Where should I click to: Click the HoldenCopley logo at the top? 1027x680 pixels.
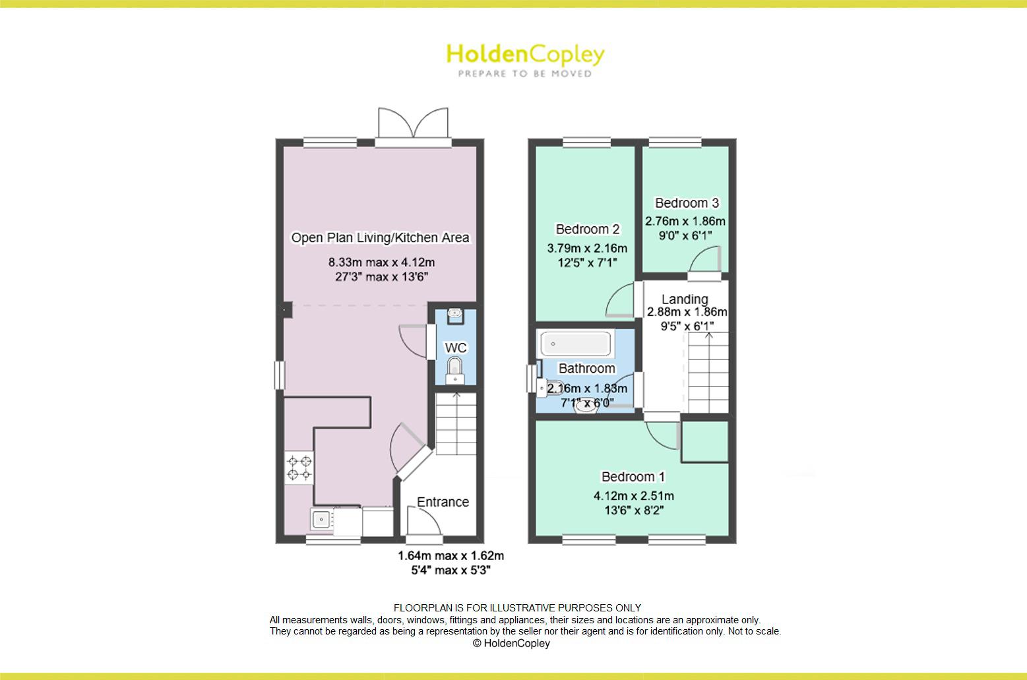click(525, 59)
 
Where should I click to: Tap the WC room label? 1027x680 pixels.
click(455, 348)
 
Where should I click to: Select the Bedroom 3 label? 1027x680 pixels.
click(687, 203)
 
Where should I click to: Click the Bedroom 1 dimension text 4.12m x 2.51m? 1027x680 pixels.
click(633, 496)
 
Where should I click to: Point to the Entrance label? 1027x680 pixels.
click(443, 502)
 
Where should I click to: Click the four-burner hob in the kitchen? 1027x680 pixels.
click(299, 468)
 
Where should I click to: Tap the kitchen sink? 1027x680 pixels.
click(321, 520)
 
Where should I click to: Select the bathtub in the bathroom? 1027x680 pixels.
click(575, 344)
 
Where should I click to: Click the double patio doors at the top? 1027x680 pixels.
click(413, 126)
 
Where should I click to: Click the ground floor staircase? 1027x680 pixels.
click(456, 422)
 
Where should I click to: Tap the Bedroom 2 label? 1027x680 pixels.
click(587, 230)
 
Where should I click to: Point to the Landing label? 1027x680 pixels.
click(685, 299)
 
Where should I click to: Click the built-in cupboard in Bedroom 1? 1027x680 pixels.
click(704, 441)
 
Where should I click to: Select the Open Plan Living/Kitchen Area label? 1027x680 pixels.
click(380, 237)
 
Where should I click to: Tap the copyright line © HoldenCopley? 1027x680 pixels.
click(511, 643)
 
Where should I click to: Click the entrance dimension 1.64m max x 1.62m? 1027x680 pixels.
click(451, 556)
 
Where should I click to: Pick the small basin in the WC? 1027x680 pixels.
click(454, 315)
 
